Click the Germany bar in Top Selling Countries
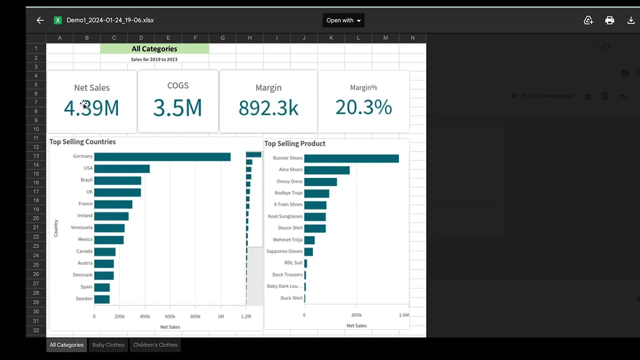[162, 157]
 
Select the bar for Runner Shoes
[351, 158]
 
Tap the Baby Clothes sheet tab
[108, 345]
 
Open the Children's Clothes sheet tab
[155, 345]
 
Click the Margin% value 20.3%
[363, 107]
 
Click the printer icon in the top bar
[609, 20]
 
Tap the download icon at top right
[631, 20]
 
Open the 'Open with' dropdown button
[343, 20]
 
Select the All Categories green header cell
[154, 48]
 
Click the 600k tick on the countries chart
[170, 316]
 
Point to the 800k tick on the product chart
[356, 315]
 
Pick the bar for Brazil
[117, 180]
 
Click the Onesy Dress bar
[320, 182]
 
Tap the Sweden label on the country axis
[84, 299]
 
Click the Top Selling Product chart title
[294, 143]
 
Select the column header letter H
[249, 38]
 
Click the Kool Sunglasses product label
[285, 216]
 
